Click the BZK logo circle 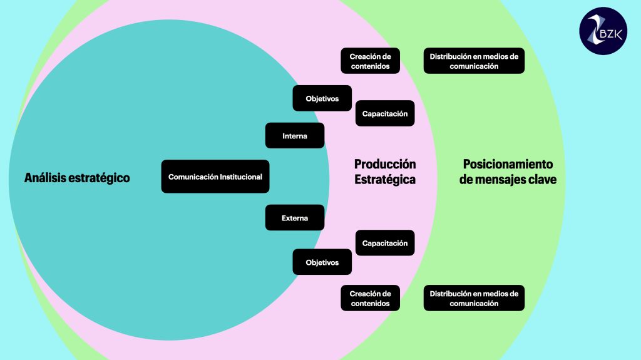tap(603, 31)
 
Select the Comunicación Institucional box tap(215, 177)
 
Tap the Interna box tap(295, 136)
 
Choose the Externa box tap(295, 218)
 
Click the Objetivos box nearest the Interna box tap(322, 98)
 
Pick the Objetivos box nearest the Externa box tap(322, 262)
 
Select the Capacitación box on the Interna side tap(385, 113)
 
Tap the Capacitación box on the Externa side tap(385, 243)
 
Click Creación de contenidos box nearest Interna tap(370, 61)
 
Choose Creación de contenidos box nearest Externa tap(370, 298)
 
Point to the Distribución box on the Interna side tap(474, 61)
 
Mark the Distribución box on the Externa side tap(474, 298)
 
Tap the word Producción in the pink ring tap(385, 164)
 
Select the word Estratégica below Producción tap(385, 180)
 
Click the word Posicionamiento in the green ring tap(508, 164)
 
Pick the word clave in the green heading tap(541, 180)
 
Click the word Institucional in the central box tap(240, 177)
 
